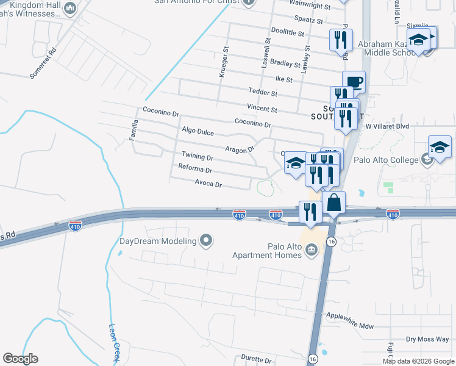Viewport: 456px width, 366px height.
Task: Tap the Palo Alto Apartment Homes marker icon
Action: coord(311,249)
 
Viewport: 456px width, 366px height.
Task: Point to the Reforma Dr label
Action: coord(195,169)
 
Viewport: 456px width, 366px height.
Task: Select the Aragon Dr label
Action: coord(239,149)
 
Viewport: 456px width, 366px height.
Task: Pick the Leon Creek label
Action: coord(115,343)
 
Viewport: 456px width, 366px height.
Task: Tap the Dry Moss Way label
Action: coord(427,339)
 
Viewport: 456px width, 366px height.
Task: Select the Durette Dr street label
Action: coord(256,361)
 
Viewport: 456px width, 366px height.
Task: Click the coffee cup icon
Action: coord(354,82)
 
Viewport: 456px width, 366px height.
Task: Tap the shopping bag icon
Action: coord(334,202)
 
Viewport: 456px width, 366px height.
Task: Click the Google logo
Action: coord(20,359)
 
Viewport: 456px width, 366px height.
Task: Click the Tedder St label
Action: coord(263,94)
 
